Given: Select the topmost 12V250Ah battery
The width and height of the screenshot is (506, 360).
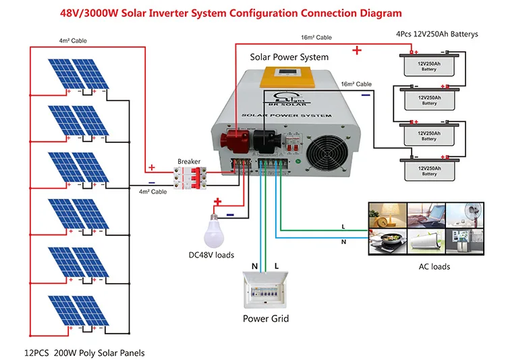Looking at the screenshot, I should click(x=430, y=66).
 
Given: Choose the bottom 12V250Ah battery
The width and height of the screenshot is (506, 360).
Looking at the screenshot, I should click(x=430, y=168).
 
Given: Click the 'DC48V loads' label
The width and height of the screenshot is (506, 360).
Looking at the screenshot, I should click(x=211, y=255).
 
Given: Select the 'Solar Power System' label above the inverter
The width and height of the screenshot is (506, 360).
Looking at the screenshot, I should click(x=289, y=57).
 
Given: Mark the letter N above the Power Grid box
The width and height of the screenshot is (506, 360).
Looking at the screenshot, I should click(x=254, y=267).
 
